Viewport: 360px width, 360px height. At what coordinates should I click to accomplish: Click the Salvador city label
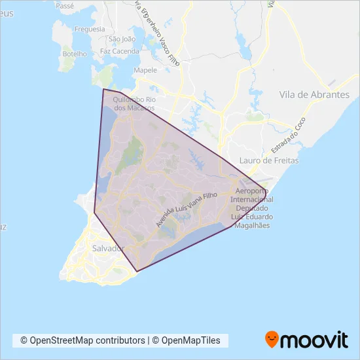pos(109,249)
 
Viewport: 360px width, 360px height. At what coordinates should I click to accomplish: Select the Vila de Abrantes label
pos(314,95)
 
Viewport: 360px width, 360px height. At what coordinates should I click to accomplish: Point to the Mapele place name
pos(145,70)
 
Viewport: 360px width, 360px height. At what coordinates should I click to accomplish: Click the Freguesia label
pos(90,29)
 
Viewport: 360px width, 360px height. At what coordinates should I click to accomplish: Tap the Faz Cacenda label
pos(119,50)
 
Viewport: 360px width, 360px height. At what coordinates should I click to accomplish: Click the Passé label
pos(65,5)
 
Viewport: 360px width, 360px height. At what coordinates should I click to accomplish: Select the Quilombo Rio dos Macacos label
pos(134,103)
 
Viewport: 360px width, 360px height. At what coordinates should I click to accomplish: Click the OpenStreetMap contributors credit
pos(82,340)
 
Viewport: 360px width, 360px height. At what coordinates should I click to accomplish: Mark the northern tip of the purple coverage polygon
pos(103,89)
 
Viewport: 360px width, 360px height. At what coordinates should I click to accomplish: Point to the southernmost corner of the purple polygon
pos(137,271)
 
